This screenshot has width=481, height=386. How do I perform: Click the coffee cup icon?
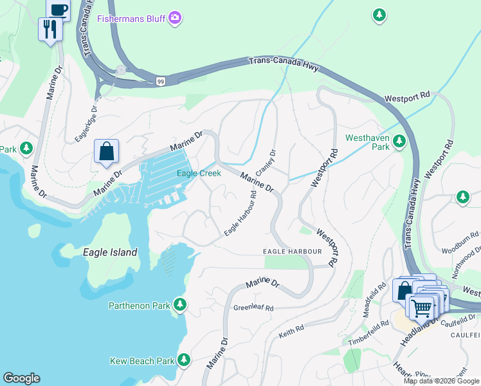[x=58, y=9]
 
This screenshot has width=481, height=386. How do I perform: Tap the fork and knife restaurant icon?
[x=50, y=29]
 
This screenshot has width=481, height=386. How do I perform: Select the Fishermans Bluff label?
[x=131, y=19]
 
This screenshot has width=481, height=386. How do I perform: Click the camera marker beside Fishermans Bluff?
[x=174, y=19]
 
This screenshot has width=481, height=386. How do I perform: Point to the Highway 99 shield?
[x=159, y=80]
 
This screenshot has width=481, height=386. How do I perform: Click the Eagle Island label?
[x=110, y=252]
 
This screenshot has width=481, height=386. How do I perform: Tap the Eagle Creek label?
[x=199, y=173]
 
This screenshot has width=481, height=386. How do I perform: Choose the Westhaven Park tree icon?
[x=399, y=140]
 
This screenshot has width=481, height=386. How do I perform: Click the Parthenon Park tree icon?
[x=181, y=304]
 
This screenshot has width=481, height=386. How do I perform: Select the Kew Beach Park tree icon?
[x=184, y=359]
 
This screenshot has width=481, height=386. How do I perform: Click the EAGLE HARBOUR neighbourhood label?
[x=292, y=250]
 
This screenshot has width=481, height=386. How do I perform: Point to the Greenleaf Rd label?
[x=253, y=309]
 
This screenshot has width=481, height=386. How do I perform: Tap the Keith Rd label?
[x=291, y=332]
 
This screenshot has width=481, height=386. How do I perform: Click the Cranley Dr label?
[x=264, y=163]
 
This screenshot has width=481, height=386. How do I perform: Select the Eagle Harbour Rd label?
[x=240, y=213]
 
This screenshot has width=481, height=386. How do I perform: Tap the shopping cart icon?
[x=422, y=308]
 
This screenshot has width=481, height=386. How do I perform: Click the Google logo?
[x=21, y=378]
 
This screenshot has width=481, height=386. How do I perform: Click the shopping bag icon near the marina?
[x=106, y=152]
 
